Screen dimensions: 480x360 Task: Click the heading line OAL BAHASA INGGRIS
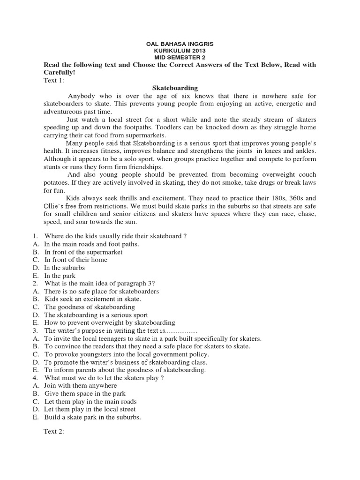pos(180,44)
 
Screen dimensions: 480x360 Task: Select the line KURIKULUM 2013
pos(180,50)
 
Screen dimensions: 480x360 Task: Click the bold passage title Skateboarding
pos(169,88)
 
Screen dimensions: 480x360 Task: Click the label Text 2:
pos(57,434)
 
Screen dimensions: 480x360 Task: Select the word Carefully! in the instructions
pos(59,73)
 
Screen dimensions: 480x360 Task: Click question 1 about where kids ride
pos(115,236)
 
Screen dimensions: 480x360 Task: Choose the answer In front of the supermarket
pos(83,252)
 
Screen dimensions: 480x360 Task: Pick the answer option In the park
pos(60,276)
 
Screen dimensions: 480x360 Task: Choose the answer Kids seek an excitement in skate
pos(93,299)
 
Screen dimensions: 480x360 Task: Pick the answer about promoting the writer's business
pos(126,362)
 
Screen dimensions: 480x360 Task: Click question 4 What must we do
pos(104,378)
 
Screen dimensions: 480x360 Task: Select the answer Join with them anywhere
pos(81,386)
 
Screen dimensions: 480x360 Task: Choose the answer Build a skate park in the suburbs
pos(93,417)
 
